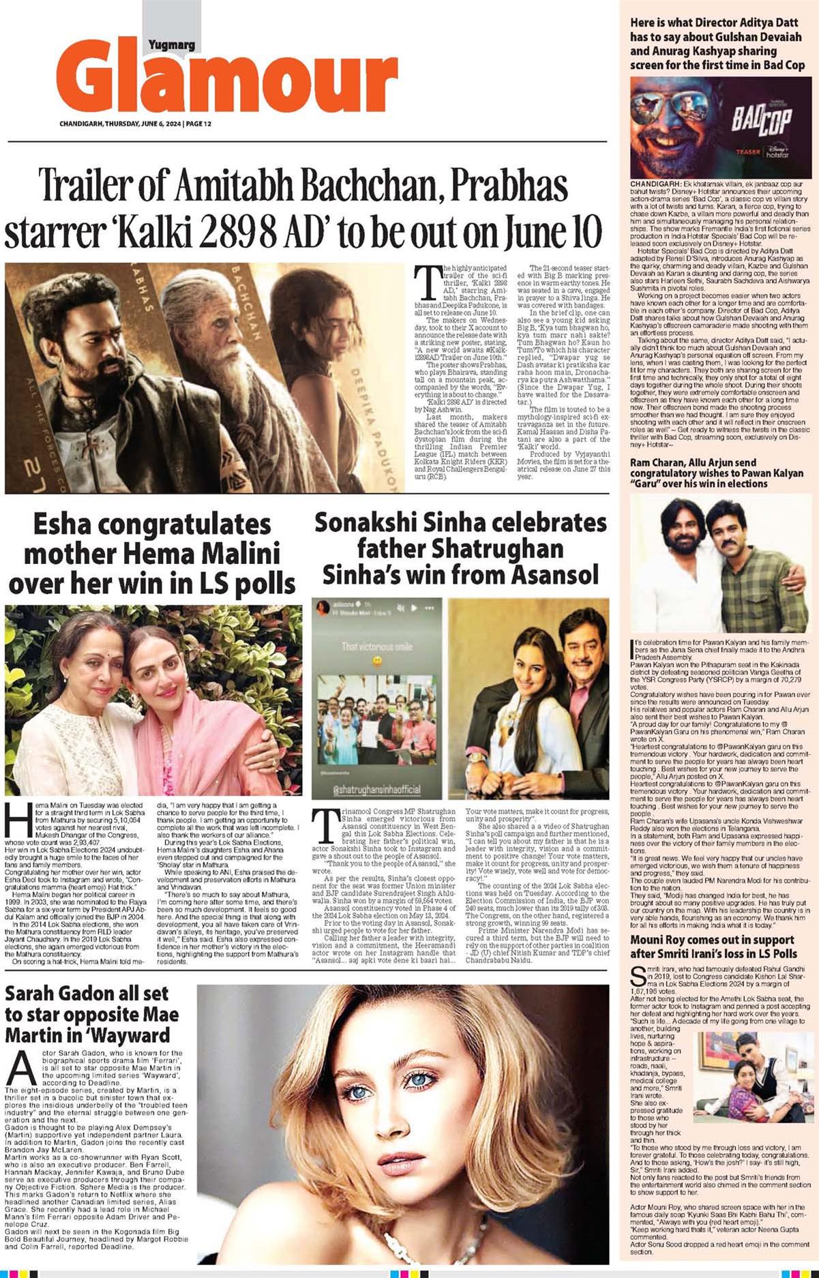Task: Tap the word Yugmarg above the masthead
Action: click(171, 45)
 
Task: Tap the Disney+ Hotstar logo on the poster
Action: click(777, 151)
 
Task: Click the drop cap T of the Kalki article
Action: click(428, 282)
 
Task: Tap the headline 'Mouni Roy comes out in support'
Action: click(711, 940)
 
